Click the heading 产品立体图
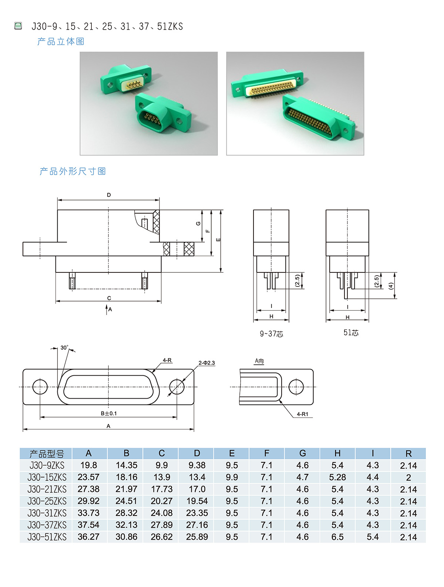(61, 41)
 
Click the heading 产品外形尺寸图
(73, 171)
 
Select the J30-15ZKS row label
(47, 477)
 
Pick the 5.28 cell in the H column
(337, 477)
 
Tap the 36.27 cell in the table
(88, 537)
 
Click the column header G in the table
(302, 453)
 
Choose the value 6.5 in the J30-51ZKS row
(337, 537)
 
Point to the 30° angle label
(64, 348)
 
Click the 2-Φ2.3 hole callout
(206, 363)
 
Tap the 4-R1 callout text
(302, 414)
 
